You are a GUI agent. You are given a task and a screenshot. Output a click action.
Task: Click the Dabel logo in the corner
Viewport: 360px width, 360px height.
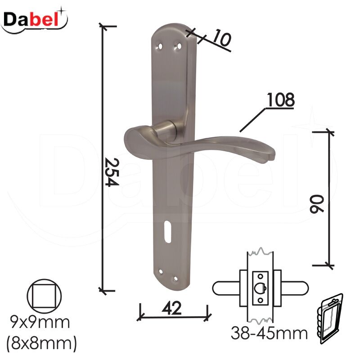point(34,20)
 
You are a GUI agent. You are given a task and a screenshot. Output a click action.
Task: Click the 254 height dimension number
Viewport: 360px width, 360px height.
point(112,172)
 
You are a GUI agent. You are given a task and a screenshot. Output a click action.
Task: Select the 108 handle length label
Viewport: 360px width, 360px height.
point(280,99)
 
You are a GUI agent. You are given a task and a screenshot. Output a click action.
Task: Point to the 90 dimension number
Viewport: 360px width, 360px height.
point(317,204)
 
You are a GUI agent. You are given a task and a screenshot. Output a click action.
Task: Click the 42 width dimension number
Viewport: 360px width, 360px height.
point(171,308)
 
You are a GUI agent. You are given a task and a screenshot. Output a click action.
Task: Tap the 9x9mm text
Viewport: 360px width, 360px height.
point(40,322)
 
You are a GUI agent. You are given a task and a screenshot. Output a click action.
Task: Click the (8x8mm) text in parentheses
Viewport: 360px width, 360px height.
point(41,344)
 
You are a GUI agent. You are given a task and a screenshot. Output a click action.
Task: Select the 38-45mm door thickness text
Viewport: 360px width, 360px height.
point(269,333)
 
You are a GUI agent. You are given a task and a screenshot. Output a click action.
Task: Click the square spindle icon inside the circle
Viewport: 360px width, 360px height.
point(44,296)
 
